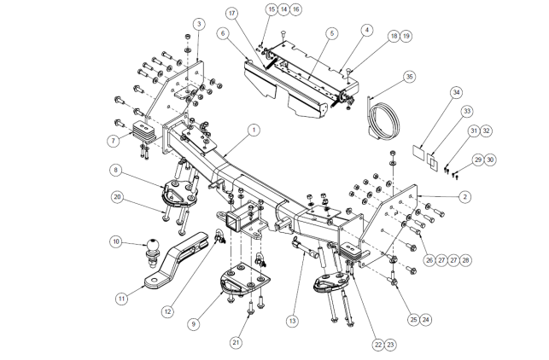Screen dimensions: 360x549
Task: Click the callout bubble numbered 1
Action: click(253, 130)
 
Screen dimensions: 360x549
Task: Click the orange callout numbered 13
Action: click(292, 321)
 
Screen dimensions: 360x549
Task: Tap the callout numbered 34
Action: click(456, 91)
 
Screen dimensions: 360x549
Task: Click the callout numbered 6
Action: click(222, 32)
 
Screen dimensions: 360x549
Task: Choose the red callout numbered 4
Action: click(366, 30)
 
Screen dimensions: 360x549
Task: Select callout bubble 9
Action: click(194, 323)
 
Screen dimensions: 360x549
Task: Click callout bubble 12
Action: click(168, 311)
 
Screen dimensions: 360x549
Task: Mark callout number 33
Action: click(467, 111)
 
